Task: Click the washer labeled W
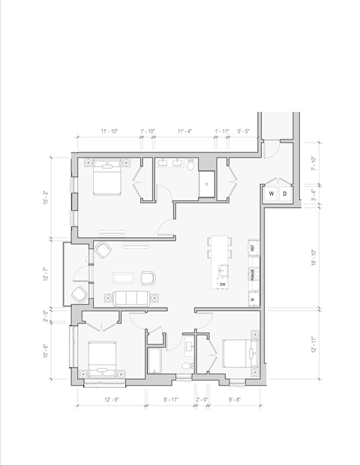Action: [x=271, y=194]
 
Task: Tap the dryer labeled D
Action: [x=283, y=194]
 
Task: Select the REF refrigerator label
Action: [x=253, y=247]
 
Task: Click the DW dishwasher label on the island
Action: [x=223, y=284]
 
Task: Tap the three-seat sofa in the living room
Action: [x=130, y=298]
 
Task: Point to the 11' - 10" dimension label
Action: [x=109, y=131]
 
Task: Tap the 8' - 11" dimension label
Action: [x=171, y=399]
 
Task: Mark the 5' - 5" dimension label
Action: [x=244, y=131]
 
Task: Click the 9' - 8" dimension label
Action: [x=235, y=399]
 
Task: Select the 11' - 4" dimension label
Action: [x=185, y=131]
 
